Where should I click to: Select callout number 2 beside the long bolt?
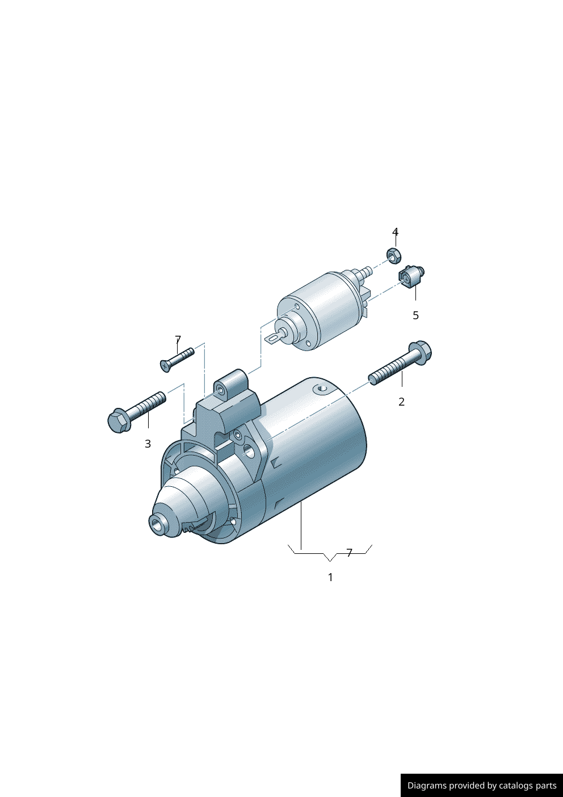click(x=402, y=402)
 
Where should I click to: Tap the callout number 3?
click(x=148, y=444)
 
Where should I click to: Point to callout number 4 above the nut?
click(x=395, y=232)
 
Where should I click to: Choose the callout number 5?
click(x=416, y=315)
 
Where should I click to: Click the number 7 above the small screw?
click(x=178, y=340)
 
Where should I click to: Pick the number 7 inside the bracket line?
click(x=350, y=553)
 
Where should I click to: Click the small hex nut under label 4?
click(x=393, y=255)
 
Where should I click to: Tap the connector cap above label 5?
click(x=411, y=276)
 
